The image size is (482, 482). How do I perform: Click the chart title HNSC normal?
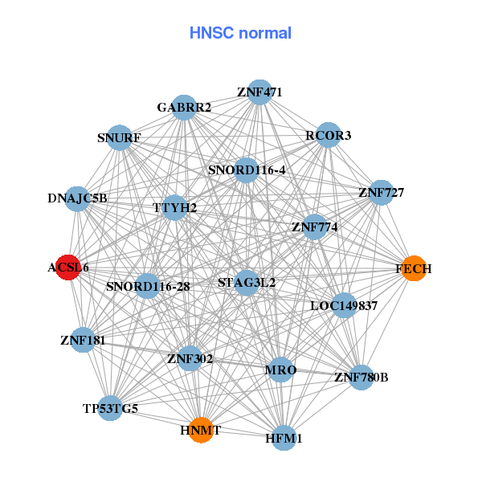240,33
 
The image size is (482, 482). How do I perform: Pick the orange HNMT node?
201,430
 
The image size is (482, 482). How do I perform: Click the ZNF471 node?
259,92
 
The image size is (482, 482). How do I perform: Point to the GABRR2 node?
184,108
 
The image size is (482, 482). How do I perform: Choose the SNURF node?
120,137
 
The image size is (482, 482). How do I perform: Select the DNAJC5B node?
77,198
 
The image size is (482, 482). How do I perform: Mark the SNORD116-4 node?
246,170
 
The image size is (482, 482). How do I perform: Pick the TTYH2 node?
175,207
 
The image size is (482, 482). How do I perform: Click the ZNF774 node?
314,227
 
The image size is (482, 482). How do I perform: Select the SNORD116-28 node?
148,286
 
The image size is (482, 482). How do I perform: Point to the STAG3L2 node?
247,282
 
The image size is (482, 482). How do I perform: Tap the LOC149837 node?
344,305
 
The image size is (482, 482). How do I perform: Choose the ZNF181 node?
83,340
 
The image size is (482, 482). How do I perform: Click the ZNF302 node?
190,358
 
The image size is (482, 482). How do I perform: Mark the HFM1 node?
284,438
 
